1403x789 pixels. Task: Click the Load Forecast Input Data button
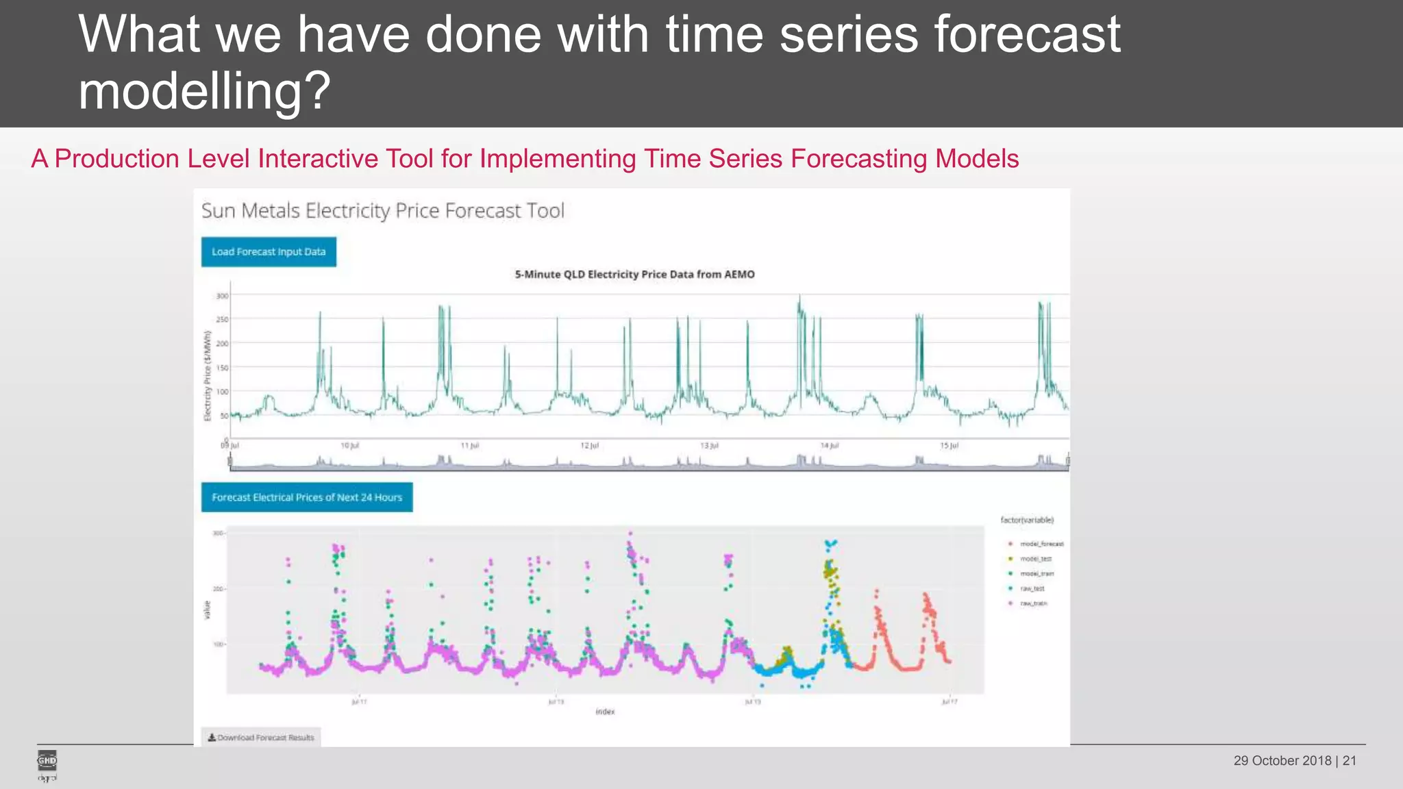coord(269,252)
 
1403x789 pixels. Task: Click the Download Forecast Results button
coord(261,738)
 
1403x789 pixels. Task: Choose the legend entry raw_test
coord(1032,588)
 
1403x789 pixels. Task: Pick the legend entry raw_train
coord(1033,603)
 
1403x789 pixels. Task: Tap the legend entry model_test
coord(1035,559)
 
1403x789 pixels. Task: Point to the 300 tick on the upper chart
coord(222,296)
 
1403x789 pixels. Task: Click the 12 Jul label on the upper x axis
coord(589,445)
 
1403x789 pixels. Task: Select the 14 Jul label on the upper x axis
coord(829,445)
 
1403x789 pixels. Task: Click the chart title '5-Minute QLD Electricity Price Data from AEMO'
coord(634,274)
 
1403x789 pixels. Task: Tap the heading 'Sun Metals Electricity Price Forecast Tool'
coord(382,210)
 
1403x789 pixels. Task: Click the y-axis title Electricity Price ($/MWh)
coord(207,375)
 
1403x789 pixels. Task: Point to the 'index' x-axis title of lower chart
coord(605,712)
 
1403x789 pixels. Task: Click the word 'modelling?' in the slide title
coord(204,91)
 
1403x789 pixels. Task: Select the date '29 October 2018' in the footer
coord(1282,760)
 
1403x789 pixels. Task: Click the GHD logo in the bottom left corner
coord(47,762)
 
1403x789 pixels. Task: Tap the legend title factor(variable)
coord(1026,520)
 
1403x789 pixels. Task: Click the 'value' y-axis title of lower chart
coord(207,610)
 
